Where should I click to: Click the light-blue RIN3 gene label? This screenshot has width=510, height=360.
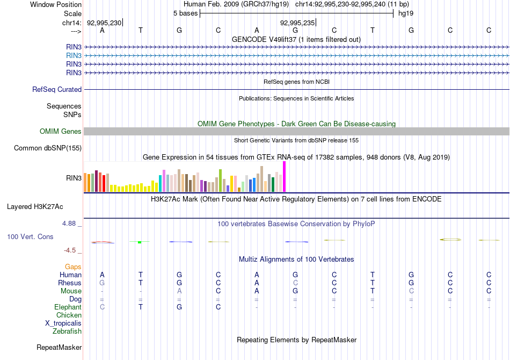[74, 55]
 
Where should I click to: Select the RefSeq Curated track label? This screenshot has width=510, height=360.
[57, 90]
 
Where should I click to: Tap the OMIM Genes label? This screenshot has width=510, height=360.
[61, 132]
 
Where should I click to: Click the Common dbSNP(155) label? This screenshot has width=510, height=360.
[48, 148]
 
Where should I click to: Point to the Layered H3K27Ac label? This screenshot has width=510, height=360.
[42, 206]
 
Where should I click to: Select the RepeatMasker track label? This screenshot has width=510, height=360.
[59, 348]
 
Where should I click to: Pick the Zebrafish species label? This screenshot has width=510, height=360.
[67, 332]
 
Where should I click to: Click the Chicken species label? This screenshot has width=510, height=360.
[69, 315]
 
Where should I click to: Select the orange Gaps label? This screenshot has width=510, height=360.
[74, 267]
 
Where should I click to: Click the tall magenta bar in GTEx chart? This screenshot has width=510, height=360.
[284, 176]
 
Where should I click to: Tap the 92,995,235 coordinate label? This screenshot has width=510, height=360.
[297, 23]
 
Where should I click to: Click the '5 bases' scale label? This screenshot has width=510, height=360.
[185, 13]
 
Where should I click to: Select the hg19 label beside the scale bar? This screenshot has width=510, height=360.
[405, 13]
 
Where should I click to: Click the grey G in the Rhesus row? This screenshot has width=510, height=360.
[102, 283]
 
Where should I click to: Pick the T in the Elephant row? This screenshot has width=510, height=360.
[141, 307]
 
